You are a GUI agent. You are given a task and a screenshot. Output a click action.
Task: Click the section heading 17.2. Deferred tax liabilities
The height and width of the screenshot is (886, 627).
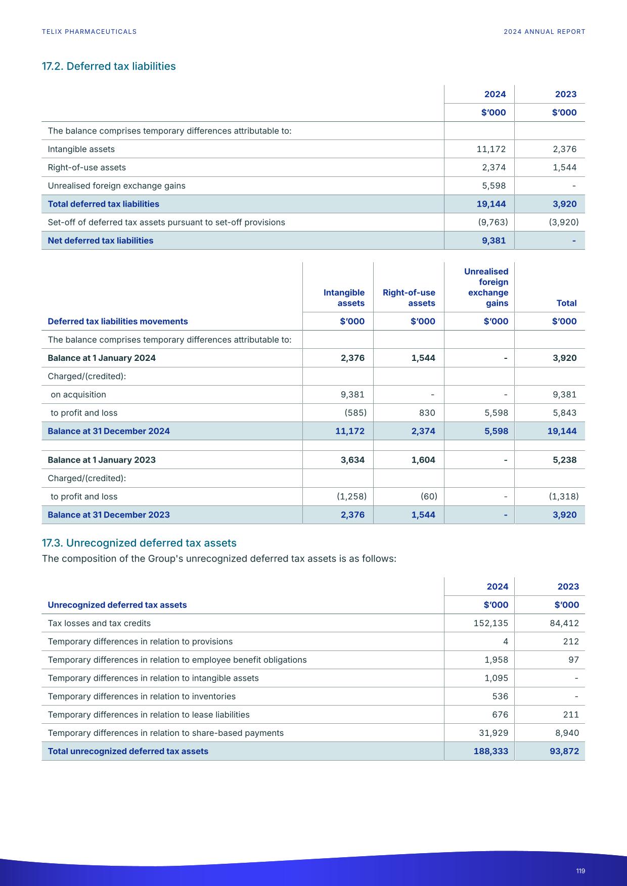[109, 66]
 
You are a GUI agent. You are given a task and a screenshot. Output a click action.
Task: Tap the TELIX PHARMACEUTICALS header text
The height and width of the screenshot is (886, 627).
[89, 31]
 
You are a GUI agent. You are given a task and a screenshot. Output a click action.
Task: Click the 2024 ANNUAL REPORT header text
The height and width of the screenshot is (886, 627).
[544, 31]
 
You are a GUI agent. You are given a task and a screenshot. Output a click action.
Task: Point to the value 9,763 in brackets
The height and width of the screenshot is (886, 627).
[492, 222]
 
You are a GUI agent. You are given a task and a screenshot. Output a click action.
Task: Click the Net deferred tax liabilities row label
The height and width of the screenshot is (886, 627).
[100, 241]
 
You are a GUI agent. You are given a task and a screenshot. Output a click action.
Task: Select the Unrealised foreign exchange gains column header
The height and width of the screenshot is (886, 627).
[486, 287]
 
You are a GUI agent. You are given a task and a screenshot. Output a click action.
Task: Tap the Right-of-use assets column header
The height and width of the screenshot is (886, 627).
[409, 298]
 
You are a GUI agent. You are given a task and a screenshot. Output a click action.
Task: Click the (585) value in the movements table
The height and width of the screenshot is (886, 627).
[355, 413]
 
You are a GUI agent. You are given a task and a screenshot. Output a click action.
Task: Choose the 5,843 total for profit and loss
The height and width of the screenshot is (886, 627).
[564, 413]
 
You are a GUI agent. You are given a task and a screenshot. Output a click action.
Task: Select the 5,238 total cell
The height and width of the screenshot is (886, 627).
[564, 460]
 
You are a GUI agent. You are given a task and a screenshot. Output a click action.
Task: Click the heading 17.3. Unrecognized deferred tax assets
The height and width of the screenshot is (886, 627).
[139, 543]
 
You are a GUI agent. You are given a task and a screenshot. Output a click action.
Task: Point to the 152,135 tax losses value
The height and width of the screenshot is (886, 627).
[490, 623]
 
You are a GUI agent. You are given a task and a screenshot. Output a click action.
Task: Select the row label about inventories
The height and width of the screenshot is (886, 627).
[142, 696]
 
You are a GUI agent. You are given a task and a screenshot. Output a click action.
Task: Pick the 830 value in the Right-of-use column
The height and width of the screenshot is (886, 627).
[427, 413]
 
